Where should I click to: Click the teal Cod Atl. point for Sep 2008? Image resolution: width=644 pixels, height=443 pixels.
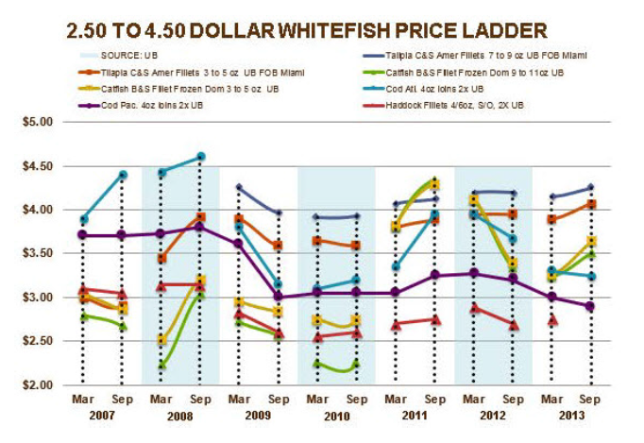[200, 157]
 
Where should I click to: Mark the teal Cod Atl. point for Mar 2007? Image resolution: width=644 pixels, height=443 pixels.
[84, 219]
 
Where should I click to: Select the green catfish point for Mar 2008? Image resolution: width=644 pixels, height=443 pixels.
[161, 365]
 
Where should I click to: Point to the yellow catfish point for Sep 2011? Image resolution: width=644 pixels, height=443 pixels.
[433, 184]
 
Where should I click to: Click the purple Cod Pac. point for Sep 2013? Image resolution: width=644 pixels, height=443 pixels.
[589, 306]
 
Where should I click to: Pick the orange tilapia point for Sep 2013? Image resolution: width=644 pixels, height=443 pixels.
[589, 204]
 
